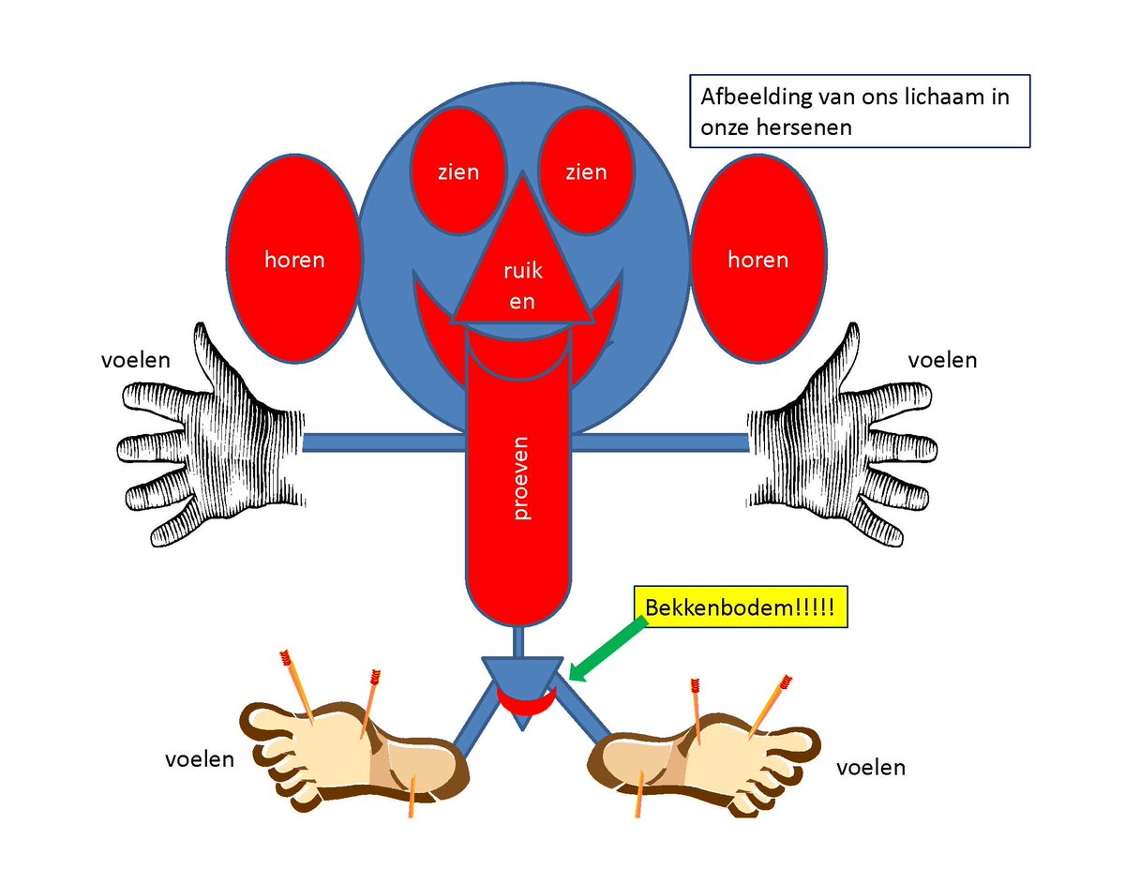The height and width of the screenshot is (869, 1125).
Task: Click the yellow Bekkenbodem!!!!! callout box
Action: [737, 607]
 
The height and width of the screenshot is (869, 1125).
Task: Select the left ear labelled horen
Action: [293, 259]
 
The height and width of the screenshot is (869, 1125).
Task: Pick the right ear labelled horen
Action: [757, 259]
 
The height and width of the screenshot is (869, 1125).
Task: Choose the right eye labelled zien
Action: [586, 172]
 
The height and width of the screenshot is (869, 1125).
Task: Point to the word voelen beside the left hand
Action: [136, 360]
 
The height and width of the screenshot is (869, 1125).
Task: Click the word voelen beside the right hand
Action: [943, 359]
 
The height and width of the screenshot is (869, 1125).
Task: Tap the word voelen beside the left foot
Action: [199, 758]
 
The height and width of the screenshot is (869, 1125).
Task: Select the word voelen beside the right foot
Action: [871, 768]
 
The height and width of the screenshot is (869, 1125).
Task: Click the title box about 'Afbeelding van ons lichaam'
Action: [860, 112]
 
